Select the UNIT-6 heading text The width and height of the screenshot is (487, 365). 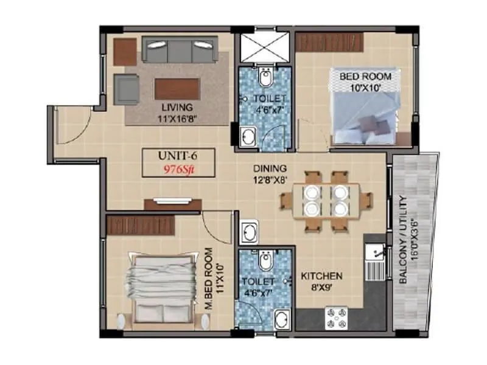tap(173, 158)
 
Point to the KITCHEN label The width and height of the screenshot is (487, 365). tap(321, 276)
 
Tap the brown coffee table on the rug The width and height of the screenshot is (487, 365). tap(177, 88)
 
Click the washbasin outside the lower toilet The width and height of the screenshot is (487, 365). tap(250, 232)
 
